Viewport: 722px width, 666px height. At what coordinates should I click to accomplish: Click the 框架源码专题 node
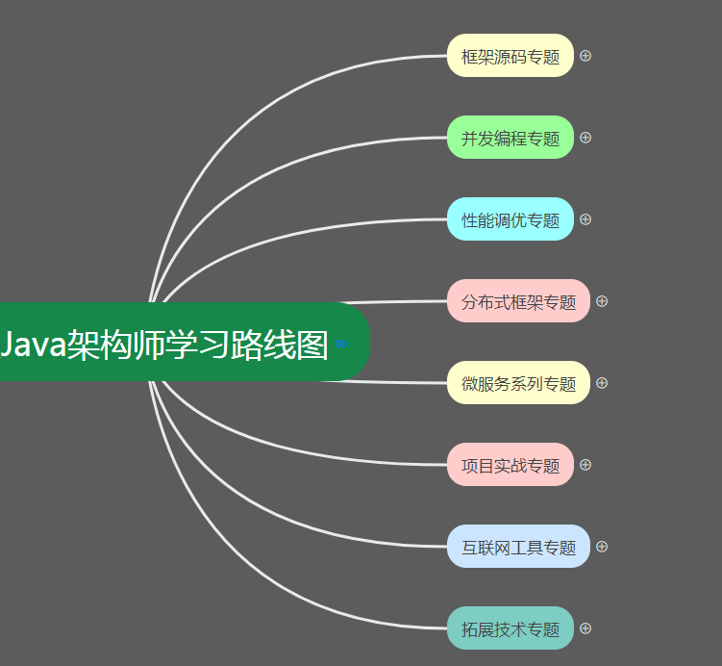coord(510,56)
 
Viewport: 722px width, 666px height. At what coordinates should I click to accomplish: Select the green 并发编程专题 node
coord(510,138)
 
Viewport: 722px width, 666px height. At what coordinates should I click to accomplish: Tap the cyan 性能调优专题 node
coord(510,219)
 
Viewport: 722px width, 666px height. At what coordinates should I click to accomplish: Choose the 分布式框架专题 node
coord(518,301)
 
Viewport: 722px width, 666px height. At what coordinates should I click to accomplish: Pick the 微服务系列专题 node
coord(518,383)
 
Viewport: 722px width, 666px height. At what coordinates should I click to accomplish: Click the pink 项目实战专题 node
coord(510,465)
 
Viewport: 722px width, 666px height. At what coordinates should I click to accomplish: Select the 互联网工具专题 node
coord(518,547)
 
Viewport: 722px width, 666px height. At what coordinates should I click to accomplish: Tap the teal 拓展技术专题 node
coord(510,628)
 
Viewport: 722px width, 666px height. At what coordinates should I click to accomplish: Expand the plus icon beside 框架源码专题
coord(585,56)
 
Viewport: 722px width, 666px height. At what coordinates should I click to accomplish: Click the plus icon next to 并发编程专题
coord(585,138)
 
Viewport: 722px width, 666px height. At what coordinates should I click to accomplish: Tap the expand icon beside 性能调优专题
coord(585,219)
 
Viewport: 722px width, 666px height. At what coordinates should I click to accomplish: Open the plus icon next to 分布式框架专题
coord(602,301)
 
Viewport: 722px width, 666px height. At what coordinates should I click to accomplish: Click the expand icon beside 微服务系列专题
coord(602,383)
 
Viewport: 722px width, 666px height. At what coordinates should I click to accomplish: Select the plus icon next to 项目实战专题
coord(585,465)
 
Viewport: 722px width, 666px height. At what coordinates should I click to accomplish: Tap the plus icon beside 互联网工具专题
coord(602,547)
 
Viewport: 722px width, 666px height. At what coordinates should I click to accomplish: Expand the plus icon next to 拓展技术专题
coord(585,628)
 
